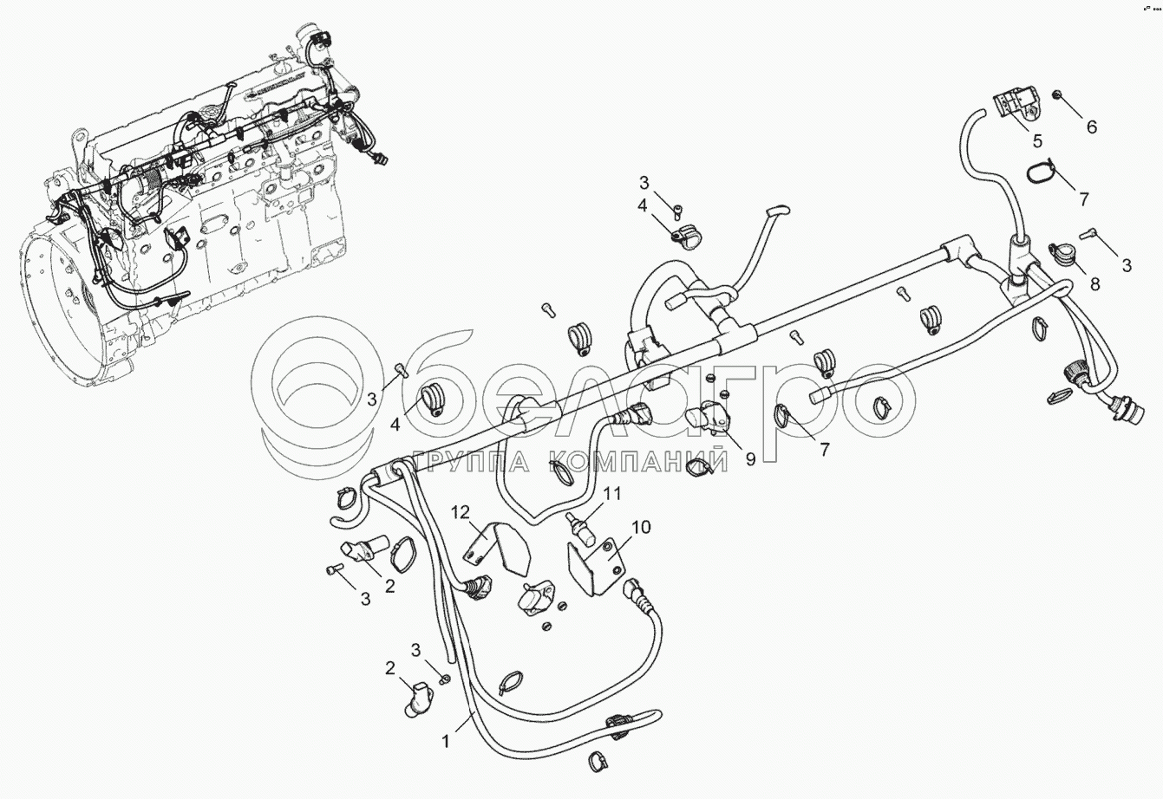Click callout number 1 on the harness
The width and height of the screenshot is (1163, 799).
(446, 743)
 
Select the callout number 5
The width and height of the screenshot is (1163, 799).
(1037, 140)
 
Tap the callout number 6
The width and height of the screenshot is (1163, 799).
(1091, 127)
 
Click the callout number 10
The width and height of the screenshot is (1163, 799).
(641, 527)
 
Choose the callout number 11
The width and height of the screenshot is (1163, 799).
(613, 494)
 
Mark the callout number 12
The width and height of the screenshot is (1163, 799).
(459, 511)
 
